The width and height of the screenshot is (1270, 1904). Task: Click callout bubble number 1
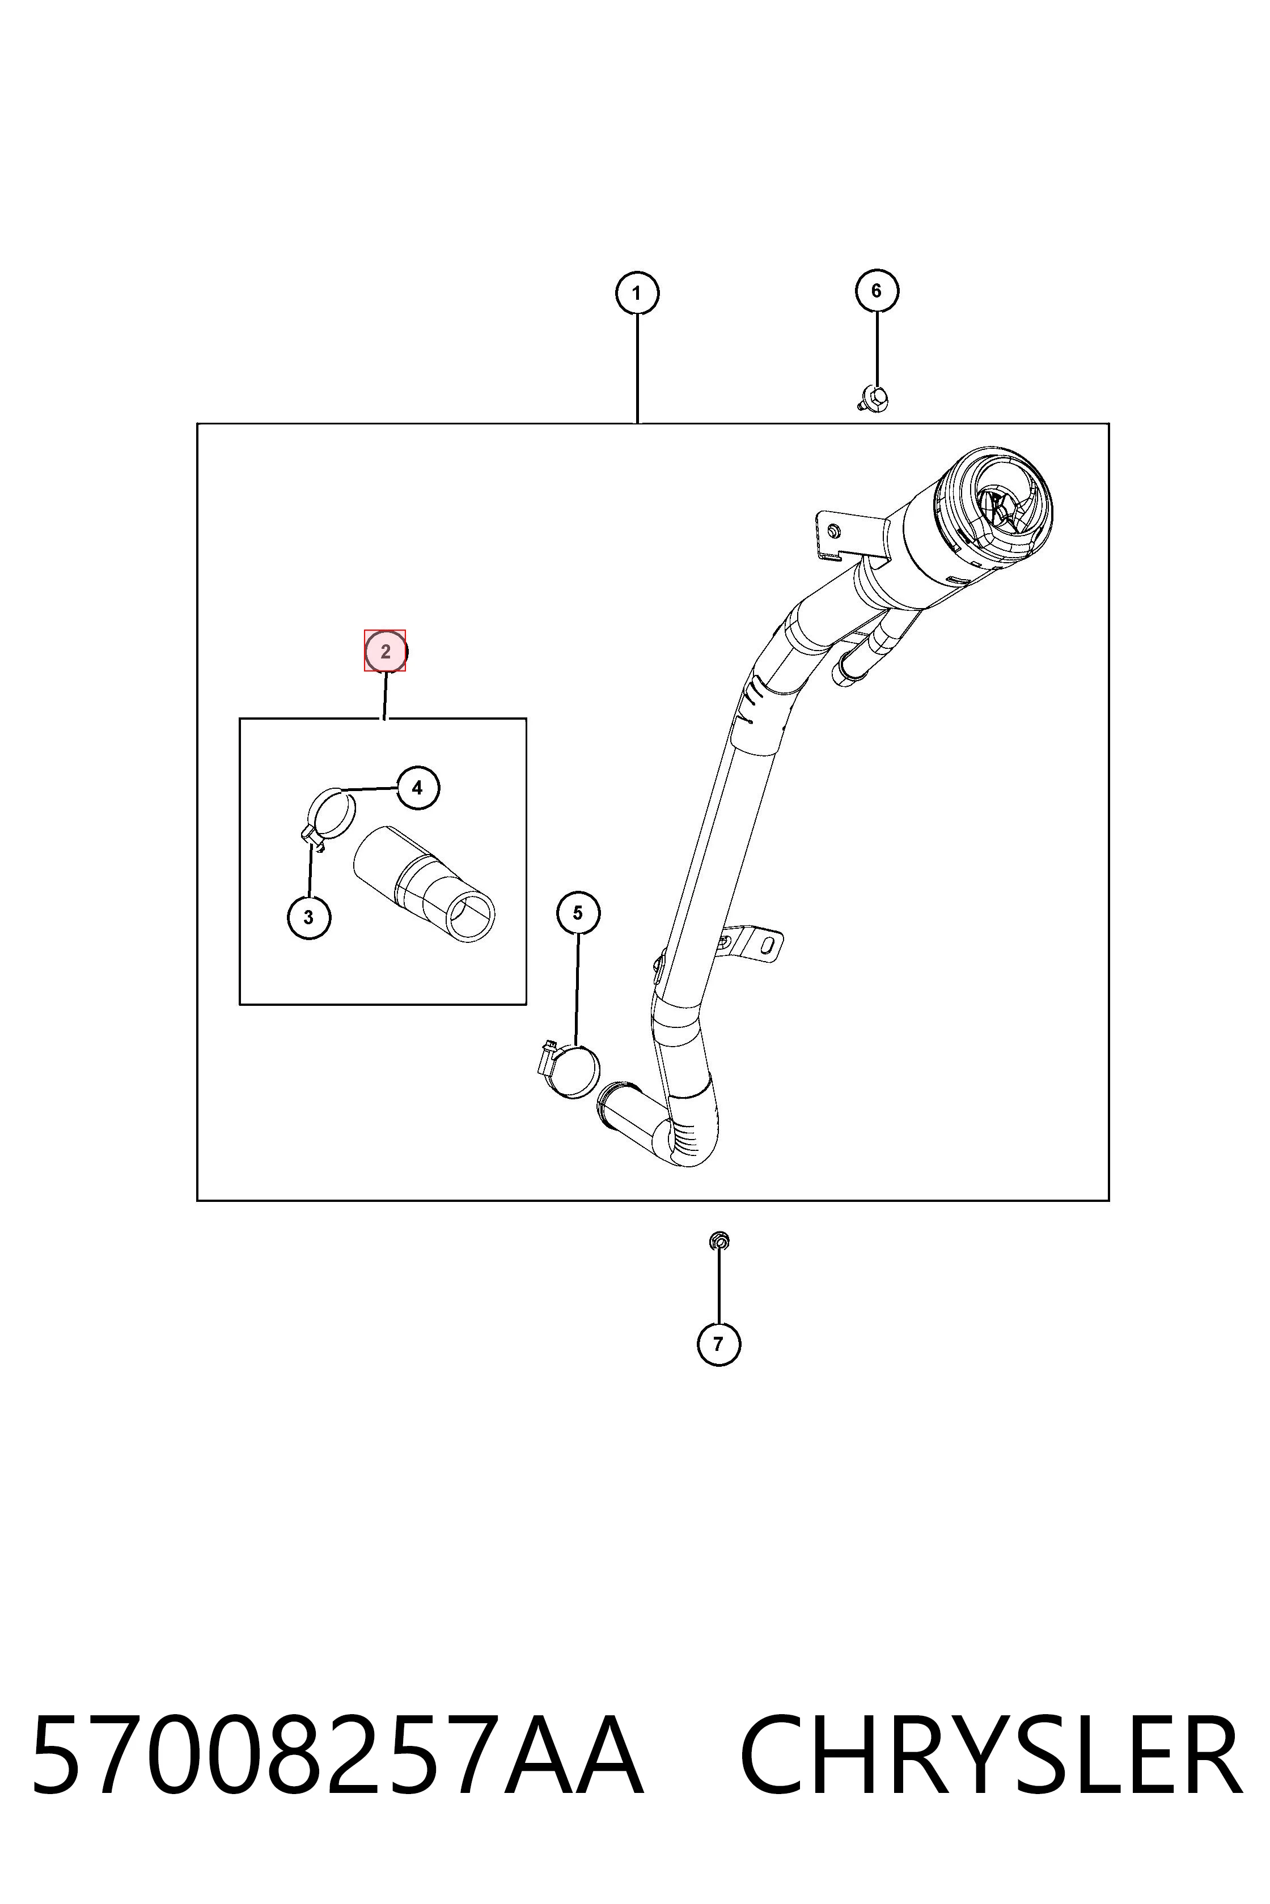pos(637,293)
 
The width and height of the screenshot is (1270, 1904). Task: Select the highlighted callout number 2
pos(385,651)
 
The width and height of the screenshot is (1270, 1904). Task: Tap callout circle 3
pos(308,917)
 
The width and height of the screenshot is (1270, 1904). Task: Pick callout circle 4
pos(417,788)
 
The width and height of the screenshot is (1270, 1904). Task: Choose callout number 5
pos(578,912)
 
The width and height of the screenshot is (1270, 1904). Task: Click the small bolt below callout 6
pos(873,398)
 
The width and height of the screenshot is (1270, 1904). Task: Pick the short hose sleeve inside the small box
pos(425,884)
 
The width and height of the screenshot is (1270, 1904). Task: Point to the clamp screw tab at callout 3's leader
pos(311,838)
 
